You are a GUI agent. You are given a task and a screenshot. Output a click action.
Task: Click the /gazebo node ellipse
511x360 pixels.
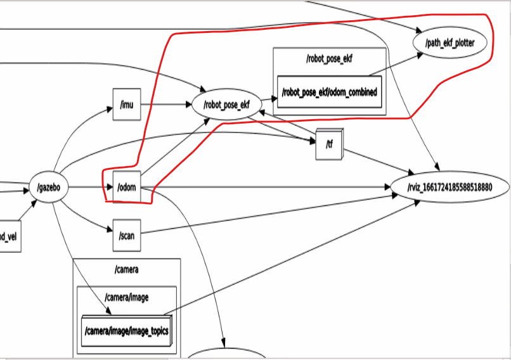pos(48,188)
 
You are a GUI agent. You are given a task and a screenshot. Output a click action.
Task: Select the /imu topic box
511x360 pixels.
pos(126,104)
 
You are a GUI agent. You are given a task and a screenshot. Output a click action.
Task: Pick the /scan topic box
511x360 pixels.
pos(126,236)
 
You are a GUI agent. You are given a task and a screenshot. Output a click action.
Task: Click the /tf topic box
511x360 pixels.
pos(327,145)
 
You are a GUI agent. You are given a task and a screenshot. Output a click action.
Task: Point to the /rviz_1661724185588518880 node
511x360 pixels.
pos(450,188)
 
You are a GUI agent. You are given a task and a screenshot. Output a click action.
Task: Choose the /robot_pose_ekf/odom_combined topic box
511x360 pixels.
pos(329,93)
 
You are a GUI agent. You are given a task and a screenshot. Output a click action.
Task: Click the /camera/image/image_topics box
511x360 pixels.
pos(126,330)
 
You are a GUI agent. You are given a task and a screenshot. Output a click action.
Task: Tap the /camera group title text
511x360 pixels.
pos(126,270)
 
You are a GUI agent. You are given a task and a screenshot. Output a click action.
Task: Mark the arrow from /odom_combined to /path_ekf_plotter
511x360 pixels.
pos(396,65)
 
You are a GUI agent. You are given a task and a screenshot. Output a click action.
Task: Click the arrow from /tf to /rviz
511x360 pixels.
pos(374,159)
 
